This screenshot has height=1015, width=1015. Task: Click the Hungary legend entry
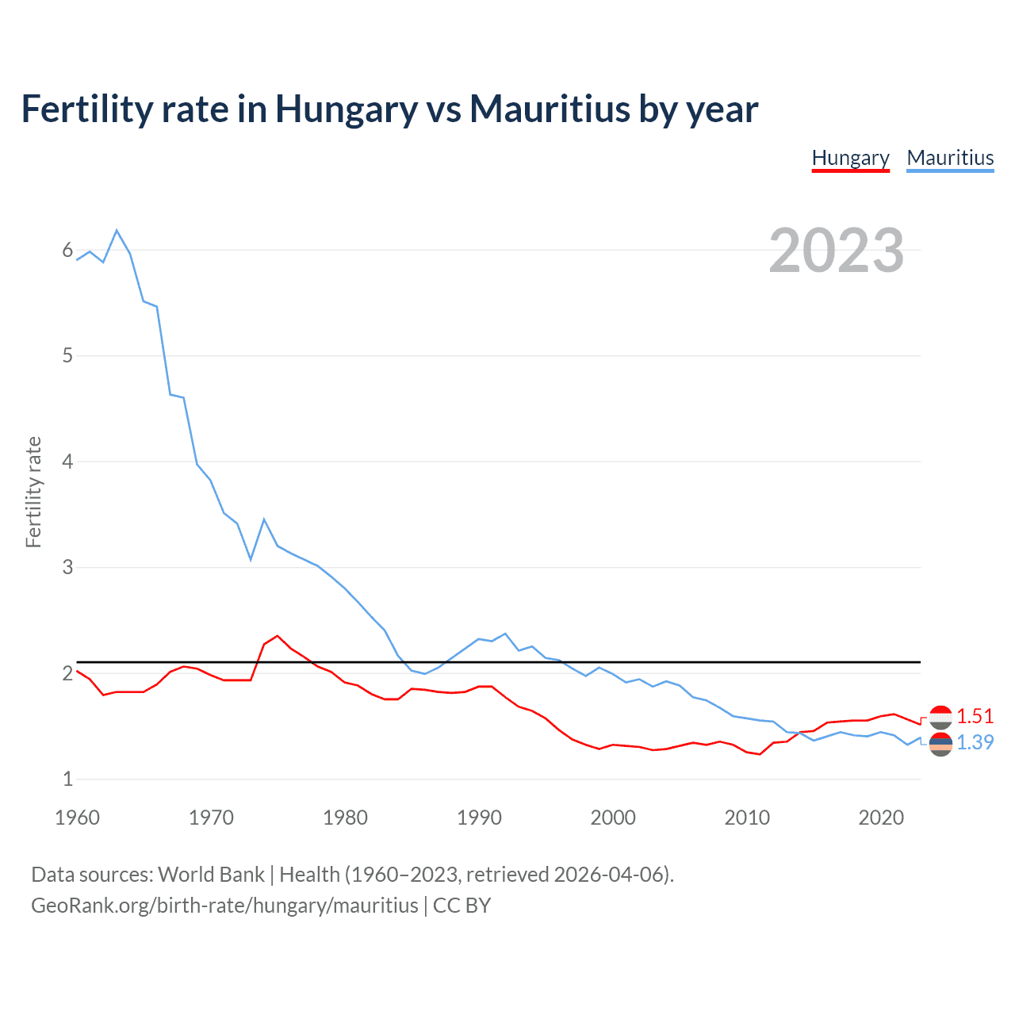coord(850,158)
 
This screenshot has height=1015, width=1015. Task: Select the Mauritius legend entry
coord(950,158)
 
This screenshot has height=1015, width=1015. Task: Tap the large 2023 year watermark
coord(837,251)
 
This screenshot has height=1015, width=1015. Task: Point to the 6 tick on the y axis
coord(67,251)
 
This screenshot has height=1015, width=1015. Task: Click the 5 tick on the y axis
coord(67,356)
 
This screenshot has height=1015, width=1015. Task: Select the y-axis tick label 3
coord(67,568)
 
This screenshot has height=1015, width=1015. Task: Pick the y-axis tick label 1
coord(67,779)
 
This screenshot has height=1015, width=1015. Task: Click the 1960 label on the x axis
coord(77,818)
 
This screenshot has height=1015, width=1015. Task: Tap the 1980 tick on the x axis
coord(345,818)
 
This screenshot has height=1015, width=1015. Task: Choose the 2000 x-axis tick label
coord(613,818)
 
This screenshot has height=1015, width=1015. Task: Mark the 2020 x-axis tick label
coord(881,818)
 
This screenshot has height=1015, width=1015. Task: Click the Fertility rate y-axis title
coord(33,492)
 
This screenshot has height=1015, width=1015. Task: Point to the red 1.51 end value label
coord(975,716)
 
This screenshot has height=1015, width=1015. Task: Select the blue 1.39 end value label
coord(975,742)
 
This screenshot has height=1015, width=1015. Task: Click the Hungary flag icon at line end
coord(940,717)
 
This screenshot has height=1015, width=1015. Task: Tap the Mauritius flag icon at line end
coord(940,744)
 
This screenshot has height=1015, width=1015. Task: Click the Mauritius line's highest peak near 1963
coord(117,231)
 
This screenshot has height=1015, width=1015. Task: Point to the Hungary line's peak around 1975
coord(277,636)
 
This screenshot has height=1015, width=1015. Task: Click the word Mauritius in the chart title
coord(549,109)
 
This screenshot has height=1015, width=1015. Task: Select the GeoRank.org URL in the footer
coord(224,905)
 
